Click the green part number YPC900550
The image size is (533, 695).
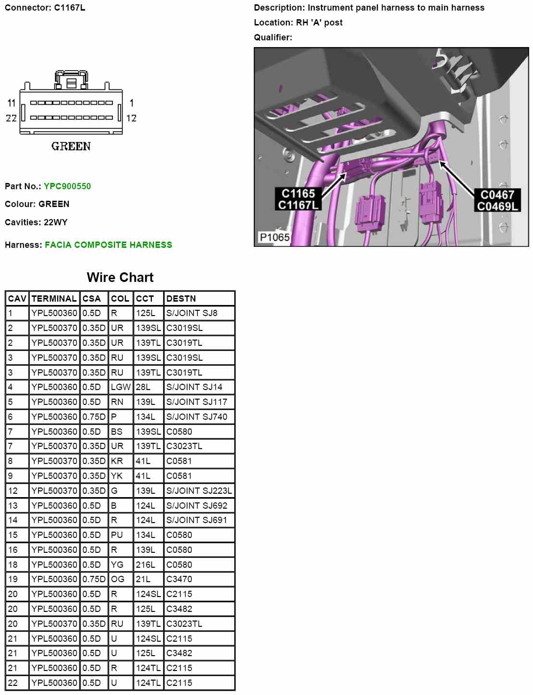click(x=67, y=186)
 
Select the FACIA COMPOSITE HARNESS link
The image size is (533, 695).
click(x=108, y=245)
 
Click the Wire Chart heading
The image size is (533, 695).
click(x=120, y=278)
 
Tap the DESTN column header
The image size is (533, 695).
click(x=181, y=299)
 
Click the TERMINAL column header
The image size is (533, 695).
click(x=54, y=299)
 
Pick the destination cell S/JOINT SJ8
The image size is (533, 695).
click(x=192, y=313)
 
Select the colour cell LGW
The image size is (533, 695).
click(x=121, y=387)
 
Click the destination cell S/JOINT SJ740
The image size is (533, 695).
click(x=197, y=417)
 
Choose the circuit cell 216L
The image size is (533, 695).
click(x=145, y=565)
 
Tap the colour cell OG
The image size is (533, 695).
click(x=118, y=579)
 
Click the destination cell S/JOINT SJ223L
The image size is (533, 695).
click(x=199, y=491)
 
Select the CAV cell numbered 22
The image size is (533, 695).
click(x=13, y=683)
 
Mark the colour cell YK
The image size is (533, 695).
click(x=117, y=476)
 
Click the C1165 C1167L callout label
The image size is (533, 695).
click(x=298, y=199)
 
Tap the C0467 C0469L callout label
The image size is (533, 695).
click(x=497, y=201)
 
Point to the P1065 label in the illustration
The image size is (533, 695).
click(x=274, y=237)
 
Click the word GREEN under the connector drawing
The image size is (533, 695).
click(x=71, y=146)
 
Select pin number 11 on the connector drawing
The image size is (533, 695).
click(x=12, y=103)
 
